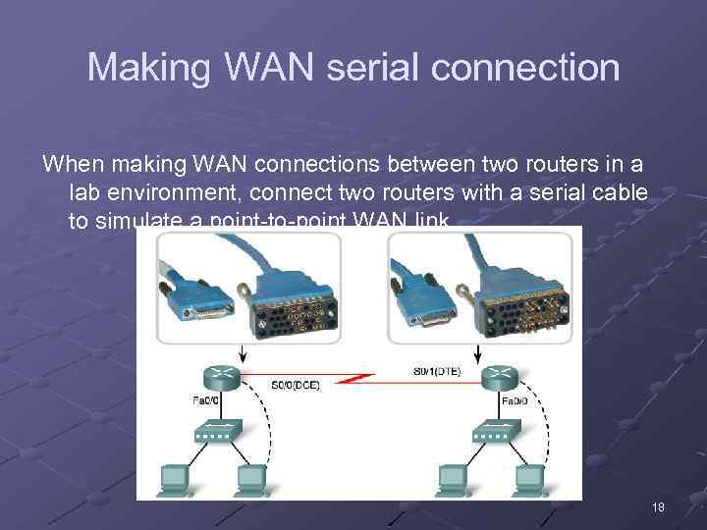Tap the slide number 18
[658, 507]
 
